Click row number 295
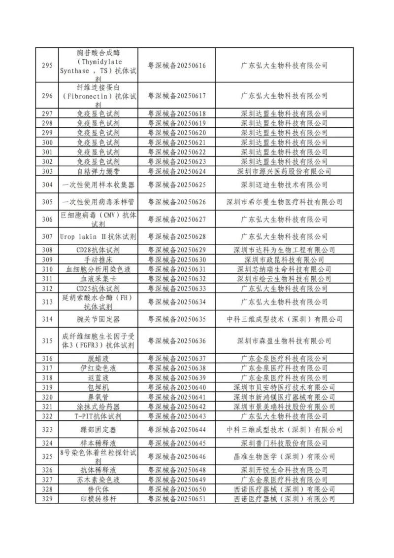pyautogui.click(x=47, y=65)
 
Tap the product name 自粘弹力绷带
pyautogui.click(x=98, y=172)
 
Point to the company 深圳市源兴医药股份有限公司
pyautogui.click(x=284, y=172)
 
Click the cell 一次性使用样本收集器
pyautogui.click(x=98, y=185)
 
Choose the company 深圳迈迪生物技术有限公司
pyautogui.click(x=284, y=185)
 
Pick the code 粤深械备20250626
pyautogui.click(x=177, y=202)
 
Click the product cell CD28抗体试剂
pyautogui.click(x=98, y=250)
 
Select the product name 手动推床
pyautogui.click(x=98, y=260)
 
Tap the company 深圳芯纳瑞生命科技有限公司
pyautogui.click(x=284, y=269)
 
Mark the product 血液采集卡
pyautogui.click(x=98, y=279)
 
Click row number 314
pyautogui.click(x=47, y=319)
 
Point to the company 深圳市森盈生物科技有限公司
pyautogui.click(x=284, y=341)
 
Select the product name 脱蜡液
pyautogui.click(x=98, y=359)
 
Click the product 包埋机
pyautogui.click(x=98, y=388)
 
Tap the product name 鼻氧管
pyautogui.click(x=98, y=397)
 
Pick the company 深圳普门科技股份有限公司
pyautogui.click(x=284, y=444)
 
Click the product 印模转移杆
pyautogui.click(x=98, y=499)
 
